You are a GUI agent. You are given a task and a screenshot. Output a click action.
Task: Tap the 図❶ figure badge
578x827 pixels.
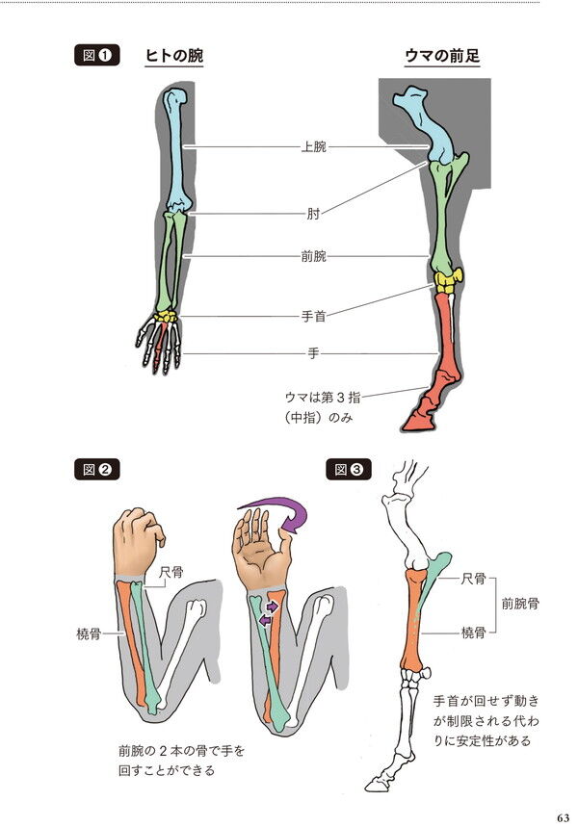(96, 56)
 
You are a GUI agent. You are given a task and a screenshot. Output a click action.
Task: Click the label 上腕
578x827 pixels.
(313, 147)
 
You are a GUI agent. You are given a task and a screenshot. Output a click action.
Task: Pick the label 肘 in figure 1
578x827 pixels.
(313, 215)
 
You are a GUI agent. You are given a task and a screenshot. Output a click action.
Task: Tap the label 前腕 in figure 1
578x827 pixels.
(313, 256)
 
